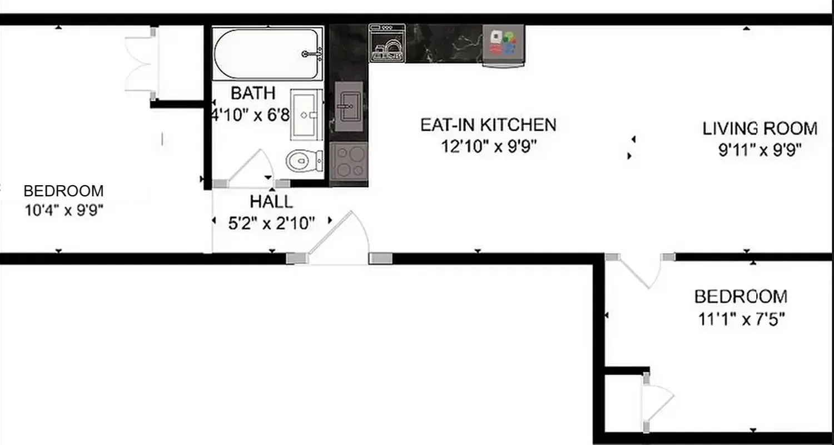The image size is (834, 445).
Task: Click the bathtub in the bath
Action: [267, 54]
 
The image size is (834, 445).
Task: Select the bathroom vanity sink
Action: [306, 115]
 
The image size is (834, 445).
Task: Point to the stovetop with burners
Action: [349, 162]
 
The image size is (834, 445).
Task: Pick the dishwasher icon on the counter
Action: [387, 42]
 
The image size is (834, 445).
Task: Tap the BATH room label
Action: [253, 93]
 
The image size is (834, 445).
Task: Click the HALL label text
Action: [271, 201]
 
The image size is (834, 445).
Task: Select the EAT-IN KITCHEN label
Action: [488, 125]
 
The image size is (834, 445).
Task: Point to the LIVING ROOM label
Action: [759, 128]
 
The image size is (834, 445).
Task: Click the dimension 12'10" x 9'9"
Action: [489, 146]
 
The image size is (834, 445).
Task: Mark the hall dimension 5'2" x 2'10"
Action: [271, 223]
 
